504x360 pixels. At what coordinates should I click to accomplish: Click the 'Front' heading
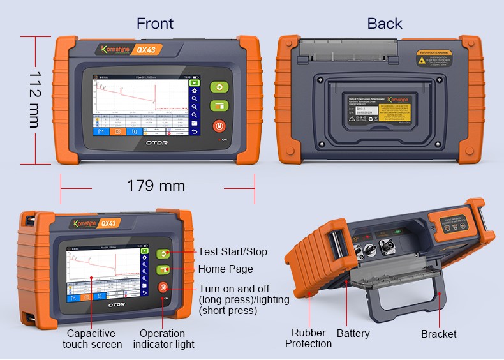155,24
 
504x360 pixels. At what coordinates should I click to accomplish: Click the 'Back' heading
384,24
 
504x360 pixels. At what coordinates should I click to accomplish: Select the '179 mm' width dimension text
156,186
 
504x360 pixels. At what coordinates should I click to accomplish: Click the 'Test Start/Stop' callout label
232,251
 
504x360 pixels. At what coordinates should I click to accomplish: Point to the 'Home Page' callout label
225,269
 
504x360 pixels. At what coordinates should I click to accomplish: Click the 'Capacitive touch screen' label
92,339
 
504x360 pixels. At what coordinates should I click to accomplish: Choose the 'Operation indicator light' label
163,339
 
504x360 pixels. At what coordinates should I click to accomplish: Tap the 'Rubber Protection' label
308,338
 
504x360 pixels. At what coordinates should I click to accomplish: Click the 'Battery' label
353,333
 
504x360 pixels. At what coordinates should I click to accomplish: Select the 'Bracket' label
438,334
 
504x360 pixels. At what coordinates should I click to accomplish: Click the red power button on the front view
219,125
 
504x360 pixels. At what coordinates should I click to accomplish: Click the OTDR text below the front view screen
155,143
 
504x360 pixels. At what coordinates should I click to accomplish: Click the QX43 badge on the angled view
108,223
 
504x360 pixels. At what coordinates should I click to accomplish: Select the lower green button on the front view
219,105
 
